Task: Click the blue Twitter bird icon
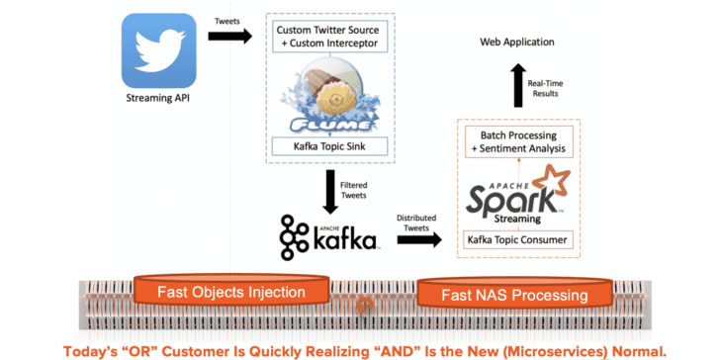coord(159,50)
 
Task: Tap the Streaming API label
coord(158,97)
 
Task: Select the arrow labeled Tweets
coord(230,36)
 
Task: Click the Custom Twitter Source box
coord(327,37)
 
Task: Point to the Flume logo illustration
coord(330,94)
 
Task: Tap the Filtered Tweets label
coord(354,190)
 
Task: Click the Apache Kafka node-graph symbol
coord(294,237)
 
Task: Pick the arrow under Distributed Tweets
coord(419,238)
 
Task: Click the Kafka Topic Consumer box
coord(519,239)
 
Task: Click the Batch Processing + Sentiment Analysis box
coord(519,141)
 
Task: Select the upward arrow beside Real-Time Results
coord(518,85)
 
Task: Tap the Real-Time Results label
coord(545,88)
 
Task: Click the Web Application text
coord(517,43)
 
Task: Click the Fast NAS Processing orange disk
coord(514,294)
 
